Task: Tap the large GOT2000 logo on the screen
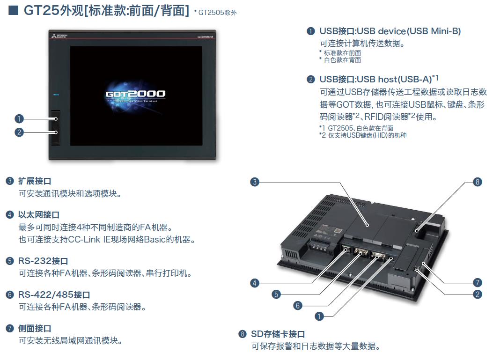click(x=135, y=94)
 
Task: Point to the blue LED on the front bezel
click(x=56, y=95)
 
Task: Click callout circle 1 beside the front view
click(x=19, y=118)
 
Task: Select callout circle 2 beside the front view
click(x=19, y=132)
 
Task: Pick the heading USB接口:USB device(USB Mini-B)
click(x=390, y=31)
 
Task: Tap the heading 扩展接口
click(x=35, y=181)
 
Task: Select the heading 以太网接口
click(x=39, y=215)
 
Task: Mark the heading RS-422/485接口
click(x=54, y=295)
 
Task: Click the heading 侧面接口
click(x=35, y=329)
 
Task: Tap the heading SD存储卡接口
click(x=278, y=334)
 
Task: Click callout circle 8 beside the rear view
click(x=477, y=182)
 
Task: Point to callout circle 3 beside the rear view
click(x=255, y=182)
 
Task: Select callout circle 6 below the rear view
click(x=298, y=306)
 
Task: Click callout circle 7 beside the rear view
click(x=477, y=283)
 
